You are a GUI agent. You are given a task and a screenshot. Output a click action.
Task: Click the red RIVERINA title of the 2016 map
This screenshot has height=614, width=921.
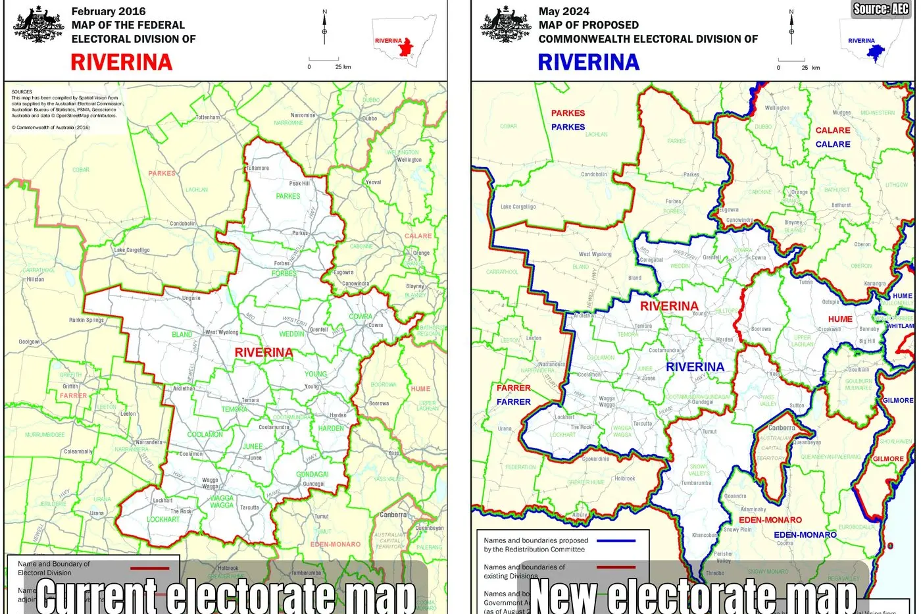tap(121, 62)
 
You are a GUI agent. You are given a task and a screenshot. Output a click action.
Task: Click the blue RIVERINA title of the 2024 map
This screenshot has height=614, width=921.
tap(588, 62)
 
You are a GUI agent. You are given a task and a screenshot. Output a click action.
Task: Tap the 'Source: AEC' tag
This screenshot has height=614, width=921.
tap(881, 9)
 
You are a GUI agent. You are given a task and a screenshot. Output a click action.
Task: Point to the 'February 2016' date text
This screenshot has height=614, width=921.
tap(109, 11)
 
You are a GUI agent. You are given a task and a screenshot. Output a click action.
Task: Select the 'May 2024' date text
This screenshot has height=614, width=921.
tap(564, 11)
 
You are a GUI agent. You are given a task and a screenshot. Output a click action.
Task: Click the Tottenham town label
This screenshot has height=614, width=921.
tap(207, 117)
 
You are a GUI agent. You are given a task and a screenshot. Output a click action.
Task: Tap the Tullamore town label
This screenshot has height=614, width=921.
tap(257, 168)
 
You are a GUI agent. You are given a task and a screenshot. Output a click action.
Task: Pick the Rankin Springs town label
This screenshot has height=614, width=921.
tap(86, 320)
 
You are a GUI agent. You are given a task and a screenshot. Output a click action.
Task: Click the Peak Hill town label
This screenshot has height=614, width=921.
tap(299, 184)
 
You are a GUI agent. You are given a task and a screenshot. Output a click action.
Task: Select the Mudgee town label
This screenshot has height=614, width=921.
tap(841, 113)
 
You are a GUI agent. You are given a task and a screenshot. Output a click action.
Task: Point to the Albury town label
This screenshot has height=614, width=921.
tap(580, 515)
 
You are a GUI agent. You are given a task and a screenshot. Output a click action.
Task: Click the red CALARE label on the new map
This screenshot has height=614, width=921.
tap(833, 130)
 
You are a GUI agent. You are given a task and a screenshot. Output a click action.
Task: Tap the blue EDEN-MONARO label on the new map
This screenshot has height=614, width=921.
tap(805, 535)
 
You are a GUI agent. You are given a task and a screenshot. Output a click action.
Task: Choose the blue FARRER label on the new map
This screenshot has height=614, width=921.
tap(513, 401)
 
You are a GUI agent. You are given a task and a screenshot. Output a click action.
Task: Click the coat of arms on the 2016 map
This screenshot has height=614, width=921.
tap(38, 26)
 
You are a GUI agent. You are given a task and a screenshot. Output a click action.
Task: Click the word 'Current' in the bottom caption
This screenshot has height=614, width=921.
tap(96, 594)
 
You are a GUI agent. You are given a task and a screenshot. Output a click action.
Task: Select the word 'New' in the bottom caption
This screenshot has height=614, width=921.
tap(562, 594)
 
